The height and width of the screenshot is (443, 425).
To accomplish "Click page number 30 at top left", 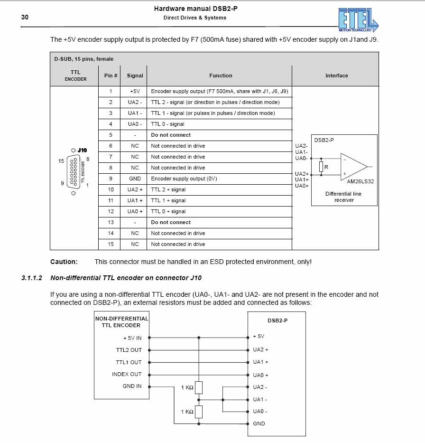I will click(x=25, y=17).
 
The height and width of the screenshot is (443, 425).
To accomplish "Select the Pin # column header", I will click(x=111, y=75).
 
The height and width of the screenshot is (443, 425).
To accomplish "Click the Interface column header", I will click(x=336, y=75).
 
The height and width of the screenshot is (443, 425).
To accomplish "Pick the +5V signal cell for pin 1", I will click(x=135, y=91).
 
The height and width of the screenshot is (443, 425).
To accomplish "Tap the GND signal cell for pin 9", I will click(x=135, y=179).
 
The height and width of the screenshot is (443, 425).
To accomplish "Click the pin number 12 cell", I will click(x=111, y=211).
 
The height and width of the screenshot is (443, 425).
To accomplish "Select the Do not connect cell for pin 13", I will click(x=171, y=222).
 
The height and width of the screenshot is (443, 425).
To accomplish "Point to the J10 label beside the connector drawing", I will click(x=83, y=150).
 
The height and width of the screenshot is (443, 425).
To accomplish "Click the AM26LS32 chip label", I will click(x=360, y=181).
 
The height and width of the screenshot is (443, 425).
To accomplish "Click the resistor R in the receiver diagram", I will click(x=322, y=167).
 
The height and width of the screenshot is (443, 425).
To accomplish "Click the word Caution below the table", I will click(x=64, y=262).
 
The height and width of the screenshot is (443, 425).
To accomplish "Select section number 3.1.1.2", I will click(x=32, y=278).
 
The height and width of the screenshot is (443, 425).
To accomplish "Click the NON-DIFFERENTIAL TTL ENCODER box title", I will click(x=121, y=322).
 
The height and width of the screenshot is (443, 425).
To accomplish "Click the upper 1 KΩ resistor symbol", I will click(x=199, y=387).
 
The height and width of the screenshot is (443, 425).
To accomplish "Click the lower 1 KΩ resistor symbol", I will click(x=199, y=412).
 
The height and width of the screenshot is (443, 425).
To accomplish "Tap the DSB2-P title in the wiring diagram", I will click(x=277, y=320).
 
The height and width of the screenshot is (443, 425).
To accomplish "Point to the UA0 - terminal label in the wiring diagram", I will click(x=260, y=411).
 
